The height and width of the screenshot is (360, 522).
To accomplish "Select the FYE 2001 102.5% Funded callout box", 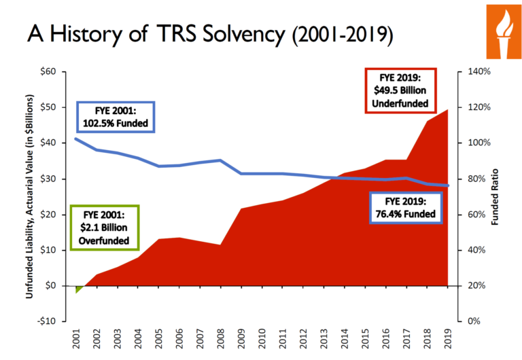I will click(x=116, y=118).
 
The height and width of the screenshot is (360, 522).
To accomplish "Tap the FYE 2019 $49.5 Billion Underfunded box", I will click(x=400, y=90).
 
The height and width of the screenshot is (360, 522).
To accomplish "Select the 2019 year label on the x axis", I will click(x=449, y=338).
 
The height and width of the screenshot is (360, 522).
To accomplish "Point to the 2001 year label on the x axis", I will click(x=76, y=338).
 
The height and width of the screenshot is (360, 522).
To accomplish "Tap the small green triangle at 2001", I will click(x=79, y=289).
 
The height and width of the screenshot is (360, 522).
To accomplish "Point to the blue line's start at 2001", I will click(x=76, y=139).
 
